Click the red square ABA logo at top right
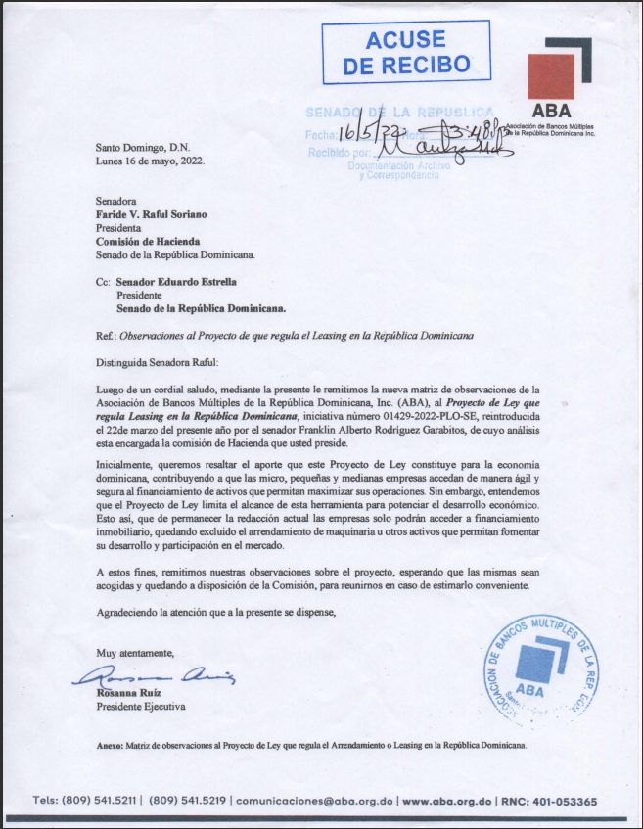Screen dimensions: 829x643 point(552,76)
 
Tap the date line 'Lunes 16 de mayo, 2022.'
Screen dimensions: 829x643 point(151,160)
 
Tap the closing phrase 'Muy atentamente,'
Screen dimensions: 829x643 point(135,652)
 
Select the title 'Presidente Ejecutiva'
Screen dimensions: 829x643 point(139,706)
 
